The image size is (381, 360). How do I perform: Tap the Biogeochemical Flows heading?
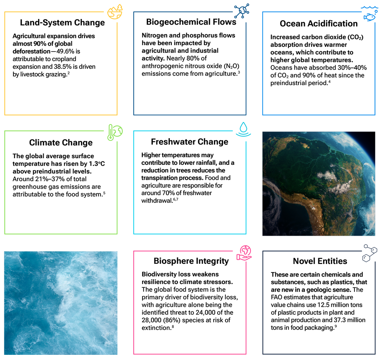click(x=191, y=22)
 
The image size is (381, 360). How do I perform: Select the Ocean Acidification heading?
click(x=319, y=23)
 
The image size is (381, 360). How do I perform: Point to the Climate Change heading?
click(x=61, y=143)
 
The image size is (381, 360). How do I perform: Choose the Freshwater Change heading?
click(x=189, y=142)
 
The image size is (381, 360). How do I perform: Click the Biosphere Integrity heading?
click(x=191, y=261)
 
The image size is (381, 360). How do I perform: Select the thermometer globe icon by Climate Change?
click(x=115, y=132)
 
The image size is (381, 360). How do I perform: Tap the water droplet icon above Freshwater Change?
click(x=243, y=129)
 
